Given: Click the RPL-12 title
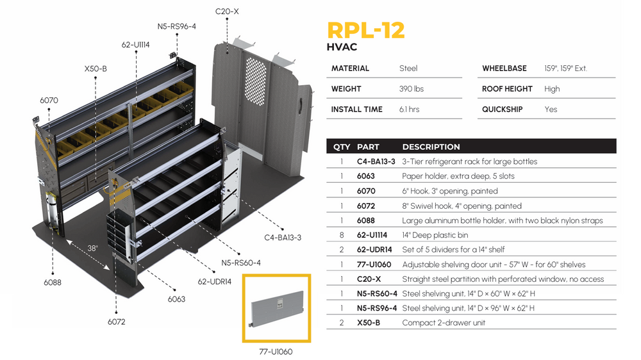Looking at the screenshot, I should point(365,30).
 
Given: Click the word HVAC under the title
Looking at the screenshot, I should point(342,47).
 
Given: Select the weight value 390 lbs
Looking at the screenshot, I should point(411,89).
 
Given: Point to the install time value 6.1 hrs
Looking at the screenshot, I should point(409,110).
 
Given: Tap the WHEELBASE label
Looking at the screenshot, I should point(504,69).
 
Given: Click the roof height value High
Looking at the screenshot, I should point(551,89).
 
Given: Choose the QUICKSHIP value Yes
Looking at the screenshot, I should point(551,110).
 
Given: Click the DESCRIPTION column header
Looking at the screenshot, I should point(431,147).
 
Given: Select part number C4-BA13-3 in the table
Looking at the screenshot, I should point(376,161).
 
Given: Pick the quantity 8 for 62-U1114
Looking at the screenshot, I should point(342,235).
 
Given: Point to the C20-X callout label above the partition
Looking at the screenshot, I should point(227,12).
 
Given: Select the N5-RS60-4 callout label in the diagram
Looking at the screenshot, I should point(241,263).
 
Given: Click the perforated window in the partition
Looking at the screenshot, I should point(256,64).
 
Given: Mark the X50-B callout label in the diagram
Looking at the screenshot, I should point(95,68).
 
